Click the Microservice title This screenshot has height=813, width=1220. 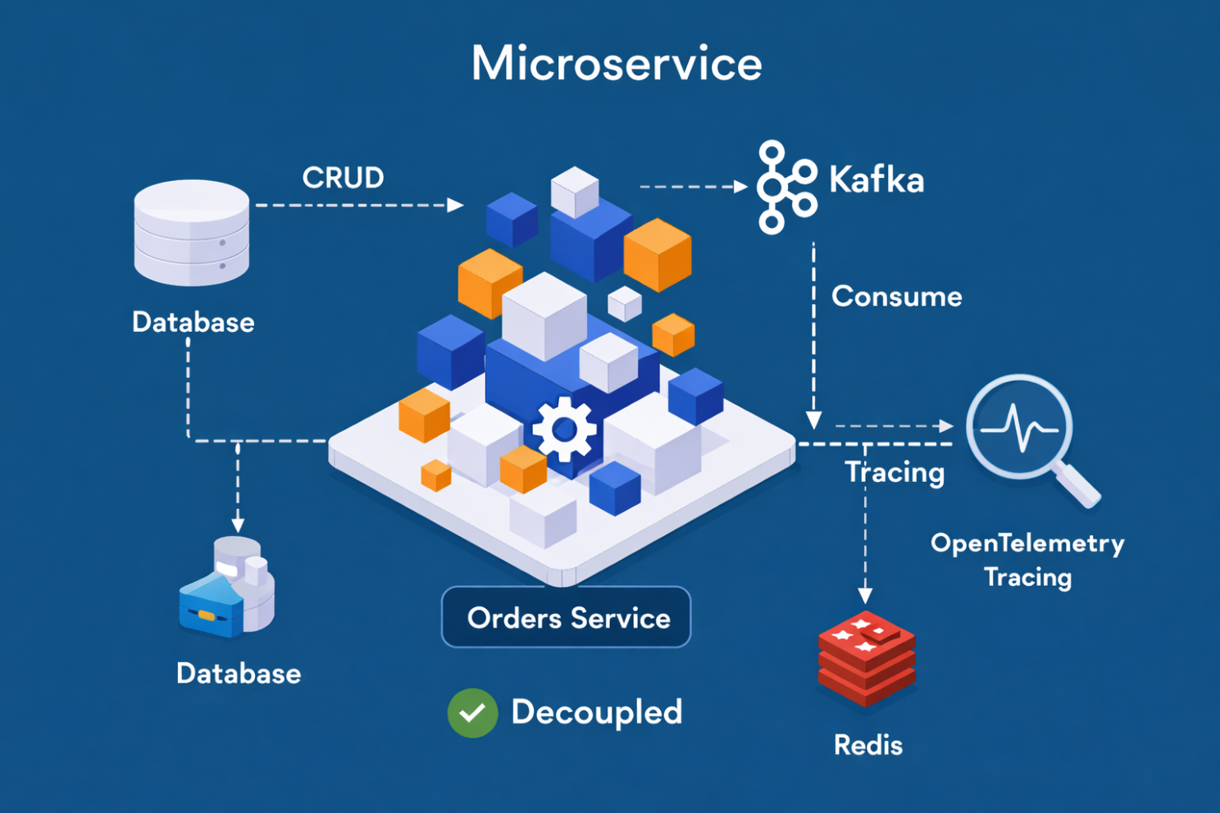(x=617, y=64)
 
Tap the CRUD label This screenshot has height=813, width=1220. (x=343, y=178)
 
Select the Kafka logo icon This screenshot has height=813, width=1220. (x=785, y=188)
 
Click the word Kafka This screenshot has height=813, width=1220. (x=876, y=180)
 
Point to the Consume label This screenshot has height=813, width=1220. (x=896, y=296)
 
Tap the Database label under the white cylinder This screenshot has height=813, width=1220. (x=193, y=322)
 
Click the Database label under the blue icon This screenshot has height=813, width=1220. (x=239, y=674)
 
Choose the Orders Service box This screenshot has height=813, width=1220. (x=567, y=617)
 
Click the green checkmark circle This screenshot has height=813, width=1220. (x=472, y=713)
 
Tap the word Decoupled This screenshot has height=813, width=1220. (x=596, y=712)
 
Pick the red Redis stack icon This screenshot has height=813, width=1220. (x=866, y=657)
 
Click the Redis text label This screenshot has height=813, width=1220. (x=867, y=745)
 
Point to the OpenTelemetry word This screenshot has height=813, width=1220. (x=1027, y=543)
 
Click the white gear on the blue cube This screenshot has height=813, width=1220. (x=564, y=429)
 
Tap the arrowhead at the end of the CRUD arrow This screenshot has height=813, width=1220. (x=456, y=205)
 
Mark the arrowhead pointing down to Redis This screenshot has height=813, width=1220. (x=865, y=595)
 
